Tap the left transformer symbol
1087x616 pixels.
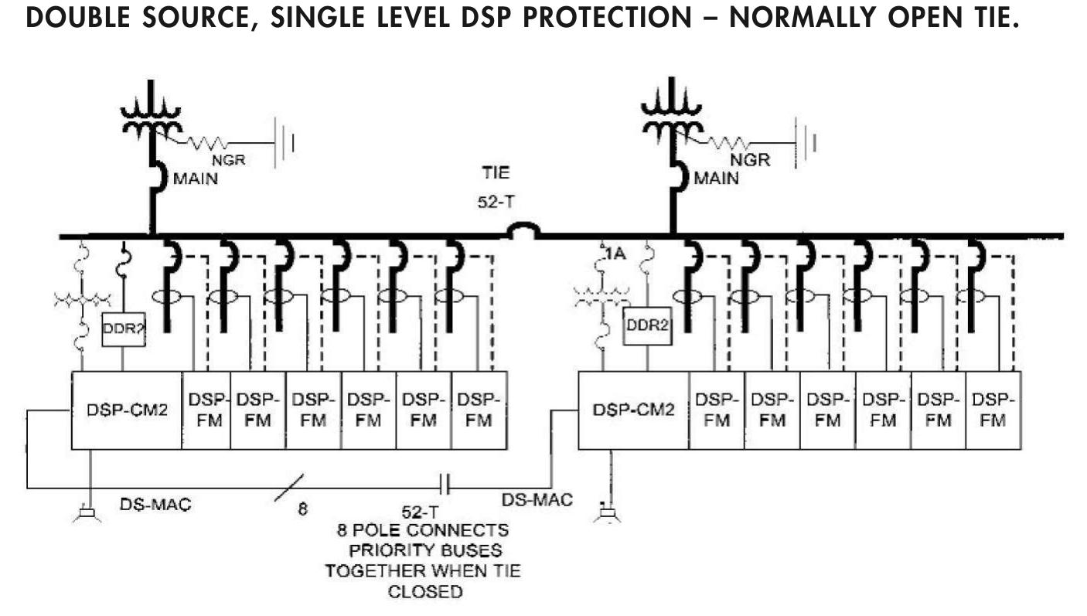[x=152, y=116]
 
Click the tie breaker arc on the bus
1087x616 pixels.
[x=523, y=230]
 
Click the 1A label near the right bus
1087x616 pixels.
[x=614, y=251]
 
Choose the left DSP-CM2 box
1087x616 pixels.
[x=127, y=410]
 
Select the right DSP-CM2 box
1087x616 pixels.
[x=633, y=410]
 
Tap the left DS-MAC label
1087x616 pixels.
[x=155, y=505]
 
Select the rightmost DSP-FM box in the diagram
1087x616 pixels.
[x=993, y=410]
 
